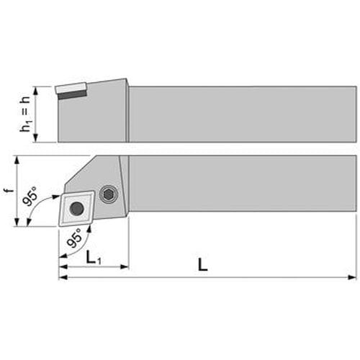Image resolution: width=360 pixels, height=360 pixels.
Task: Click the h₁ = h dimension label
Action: tap(26, 114)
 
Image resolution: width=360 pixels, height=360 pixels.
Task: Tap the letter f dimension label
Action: tap(10, 191)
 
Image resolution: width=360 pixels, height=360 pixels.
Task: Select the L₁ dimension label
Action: tap(93, 258)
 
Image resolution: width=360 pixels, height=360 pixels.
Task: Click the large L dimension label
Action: tap(203, 265)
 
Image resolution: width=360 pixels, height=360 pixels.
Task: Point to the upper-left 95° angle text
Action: tap(31, 197)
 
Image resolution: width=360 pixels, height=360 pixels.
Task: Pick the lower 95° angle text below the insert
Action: tap(74, 238)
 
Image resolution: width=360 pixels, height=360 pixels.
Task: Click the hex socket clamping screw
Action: tap(109, 194)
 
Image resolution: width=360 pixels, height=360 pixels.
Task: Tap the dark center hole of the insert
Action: tap(77, 208)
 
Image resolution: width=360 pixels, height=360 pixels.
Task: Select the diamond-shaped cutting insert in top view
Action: tap(76, 208)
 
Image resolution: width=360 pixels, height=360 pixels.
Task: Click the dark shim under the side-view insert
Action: tap(72, 94)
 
